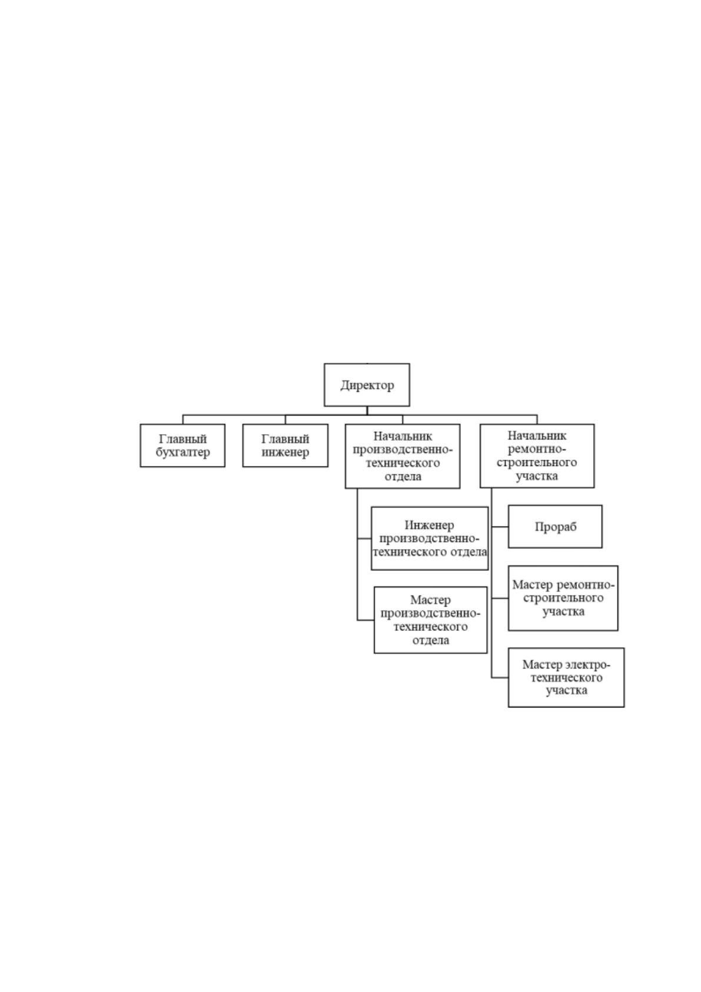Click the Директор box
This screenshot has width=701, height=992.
[367, 385]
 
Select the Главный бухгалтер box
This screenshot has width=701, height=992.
[182, 445]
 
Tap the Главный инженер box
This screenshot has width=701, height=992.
[285, 445]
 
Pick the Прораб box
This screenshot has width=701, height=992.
[555, 527]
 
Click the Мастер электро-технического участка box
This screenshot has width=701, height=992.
[566, 677]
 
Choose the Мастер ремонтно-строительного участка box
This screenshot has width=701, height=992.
[563, 598]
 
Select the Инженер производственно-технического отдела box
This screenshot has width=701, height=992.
[429, 538]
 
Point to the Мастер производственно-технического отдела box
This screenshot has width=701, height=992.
[431, 620]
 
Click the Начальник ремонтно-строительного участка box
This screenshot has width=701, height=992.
[537, 456]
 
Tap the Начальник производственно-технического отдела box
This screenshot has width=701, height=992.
[402, 457]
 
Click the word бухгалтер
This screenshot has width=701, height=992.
[182, 453]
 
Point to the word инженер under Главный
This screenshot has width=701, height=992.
[285, 452]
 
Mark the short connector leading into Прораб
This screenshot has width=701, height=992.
[500, 527]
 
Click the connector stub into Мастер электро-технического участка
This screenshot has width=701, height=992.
[500, 677]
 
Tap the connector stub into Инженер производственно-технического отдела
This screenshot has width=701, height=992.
[364, 538]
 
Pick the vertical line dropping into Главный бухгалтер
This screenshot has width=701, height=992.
[183, 419]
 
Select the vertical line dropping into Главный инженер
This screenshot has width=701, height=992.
[285, 419]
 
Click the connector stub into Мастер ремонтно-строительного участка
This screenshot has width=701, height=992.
[500, 598]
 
